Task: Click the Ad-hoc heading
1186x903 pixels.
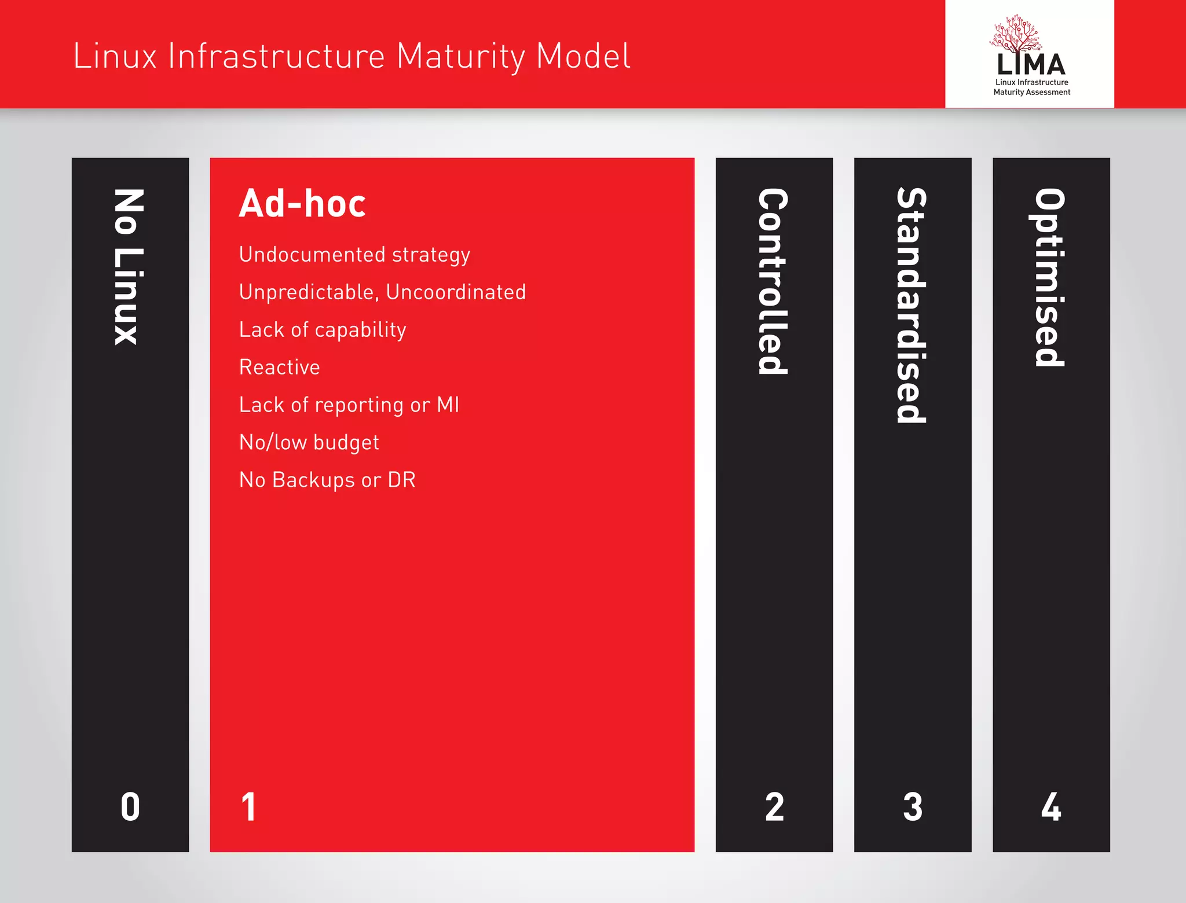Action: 302,204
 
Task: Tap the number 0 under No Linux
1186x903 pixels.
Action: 130,807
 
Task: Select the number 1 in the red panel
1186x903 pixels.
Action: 248,807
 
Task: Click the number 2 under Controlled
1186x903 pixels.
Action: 774,807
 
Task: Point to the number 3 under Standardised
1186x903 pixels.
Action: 913,807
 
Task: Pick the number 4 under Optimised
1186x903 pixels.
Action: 1051,807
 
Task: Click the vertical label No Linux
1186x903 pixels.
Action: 128,267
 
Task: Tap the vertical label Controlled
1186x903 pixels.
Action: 773,281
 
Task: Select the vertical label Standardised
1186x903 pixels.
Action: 912,305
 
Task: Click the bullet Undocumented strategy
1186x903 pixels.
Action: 354,255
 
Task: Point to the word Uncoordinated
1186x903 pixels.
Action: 456,292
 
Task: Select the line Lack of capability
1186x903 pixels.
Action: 323,330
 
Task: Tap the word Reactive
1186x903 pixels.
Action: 279,368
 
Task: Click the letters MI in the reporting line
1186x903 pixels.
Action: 448,405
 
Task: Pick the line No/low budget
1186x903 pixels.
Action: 309,442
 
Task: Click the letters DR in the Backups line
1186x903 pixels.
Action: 402,480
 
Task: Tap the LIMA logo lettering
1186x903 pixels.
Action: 1031,64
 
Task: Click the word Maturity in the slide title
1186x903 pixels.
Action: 460,57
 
